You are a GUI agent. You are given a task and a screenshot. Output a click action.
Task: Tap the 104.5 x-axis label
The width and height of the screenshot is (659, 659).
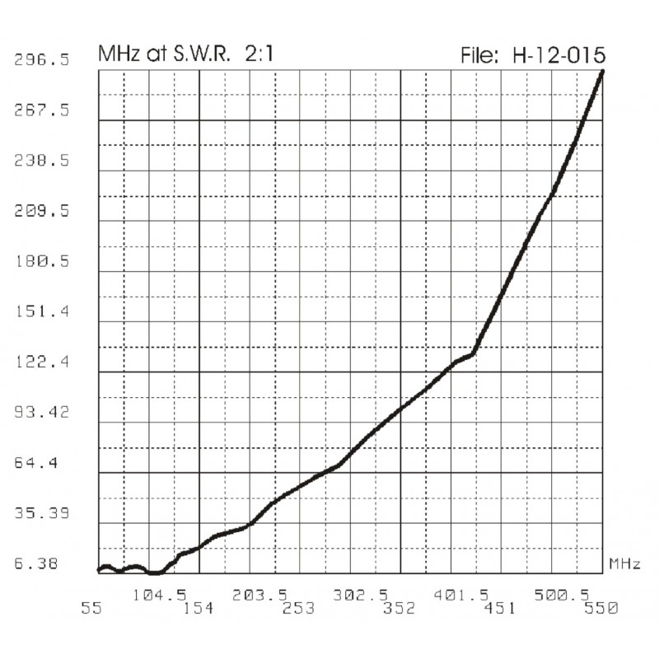pyautogui.click(x=152, y=594)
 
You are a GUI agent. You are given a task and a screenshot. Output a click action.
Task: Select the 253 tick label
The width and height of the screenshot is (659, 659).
pyautogui.click(x=299, y=609)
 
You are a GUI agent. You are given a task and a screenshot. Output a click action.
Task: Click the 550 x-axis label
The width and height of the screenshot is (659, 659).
pyautogui.click(x=601, y=609)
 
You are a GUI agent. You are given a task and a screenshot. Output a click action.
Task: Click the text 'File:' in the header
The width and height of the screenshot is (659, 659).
pyautogui.click(x=482, y=55)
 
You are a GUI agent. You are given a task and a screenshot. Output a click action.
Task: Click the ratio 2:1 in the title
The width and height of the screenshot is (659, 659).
pyautogui.click(x=259, y=55)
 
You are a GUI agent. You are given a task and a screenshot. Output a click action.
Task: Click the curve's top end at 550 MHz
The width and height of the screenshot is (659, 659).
pyautogui.click(x=603, y=72)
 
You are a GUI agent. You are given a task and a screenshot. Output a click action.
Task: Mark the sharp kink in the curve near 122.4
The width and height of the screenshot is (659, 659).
pyautogui.click(x=473, y=354)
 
